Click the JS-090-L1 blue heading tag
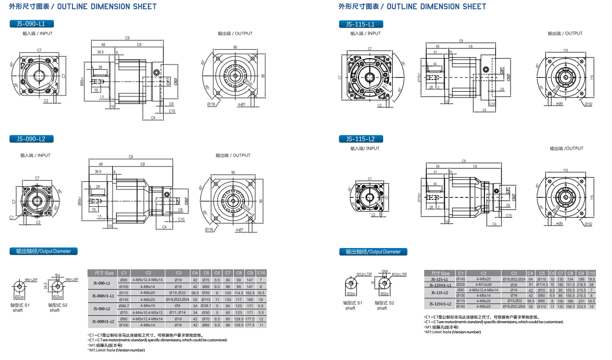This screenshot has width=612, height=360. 31,24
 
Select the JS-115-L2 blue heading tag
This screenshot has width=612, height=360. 361,139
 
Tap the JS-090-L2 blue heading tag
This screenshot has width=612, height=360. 31,139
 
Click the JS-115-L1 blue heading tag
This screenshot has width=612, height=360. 361,25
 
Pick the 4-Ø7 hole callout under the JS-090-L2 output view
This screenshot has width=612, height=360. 239,230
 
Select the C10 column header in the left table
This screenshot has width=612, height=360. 261,273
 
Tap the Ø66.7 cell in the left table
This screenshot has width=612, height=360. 124,306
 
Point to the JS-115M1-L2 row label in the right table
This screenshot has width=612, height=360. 441,304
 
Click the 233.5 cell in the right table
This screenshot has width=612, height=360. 581,307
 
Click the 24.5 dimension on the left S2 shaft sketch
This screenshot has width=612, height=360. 46,286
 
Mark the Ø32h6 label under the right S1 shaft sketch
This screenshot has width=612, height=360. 351,294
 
